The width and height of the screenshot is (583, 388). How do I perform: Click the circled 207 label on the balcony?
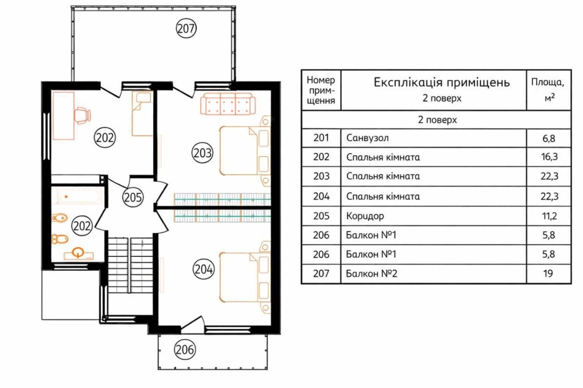point(186,28)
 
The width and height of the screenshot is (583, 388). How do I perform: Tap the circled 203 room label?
point(202,153)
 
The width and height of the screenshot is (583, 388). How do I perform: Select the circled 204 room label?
point(203,269)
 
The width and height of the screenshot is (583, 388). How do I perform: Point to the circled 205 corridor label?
point(133,197)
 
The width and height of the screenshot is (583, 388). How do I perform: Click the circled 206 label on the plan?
point(185,350)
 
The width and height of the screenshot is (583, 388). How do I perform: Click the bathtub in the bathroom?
point(79,196)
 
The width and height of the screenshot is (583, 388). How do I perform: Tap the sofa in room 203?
point(229,104)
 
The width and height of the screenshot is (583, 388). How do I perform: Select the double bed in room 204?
point(245,277)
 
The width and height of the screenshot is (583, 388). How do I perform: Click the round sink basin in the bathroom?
point(78,253)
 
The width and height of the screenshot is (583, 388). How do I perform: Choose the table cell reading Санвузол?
point(367,138)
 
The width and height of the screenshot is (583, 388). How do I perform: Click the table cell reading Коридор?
point(365,216)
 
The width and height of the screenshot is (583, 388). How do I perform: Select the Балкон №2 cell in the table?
point(371,274)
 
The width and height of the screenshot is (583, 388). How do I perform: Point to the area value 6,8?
point(549,139)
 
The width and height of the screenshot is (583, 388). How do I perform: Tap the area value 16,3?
point(549,157)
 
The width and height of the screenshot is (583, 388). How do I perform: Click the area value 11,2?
point(549,216)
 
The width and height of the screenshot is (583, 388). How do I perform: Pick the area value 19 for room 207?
point(548,274)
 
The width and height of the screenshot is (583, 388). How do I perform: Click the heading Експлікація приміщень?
point(441,82)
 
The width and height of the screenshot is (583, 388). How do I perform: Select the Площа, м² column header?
point(548,90)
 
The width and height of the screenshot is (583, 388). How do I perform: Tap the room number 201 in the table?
point(321,138)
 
